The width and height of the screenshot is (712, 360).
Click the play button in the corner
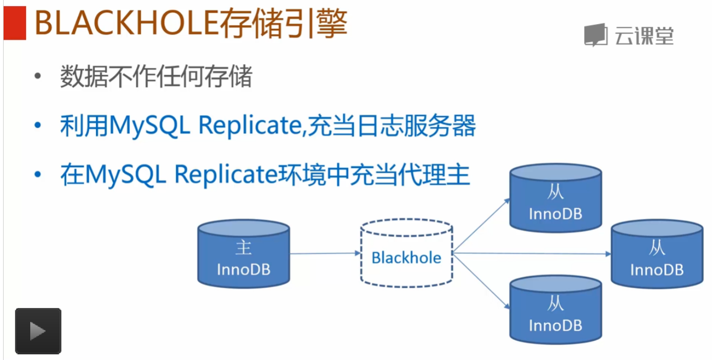click(38, 331)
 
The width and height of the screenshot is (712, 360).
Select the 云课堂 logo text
click(644, 36)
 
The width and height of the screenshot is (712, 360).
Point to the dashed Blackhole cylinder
click(406, 252)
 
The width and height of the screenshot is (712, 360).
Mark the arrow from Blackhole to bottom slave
click(482, 282)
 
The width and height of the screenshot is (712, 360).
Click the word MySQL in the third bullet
click(126, 176)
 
